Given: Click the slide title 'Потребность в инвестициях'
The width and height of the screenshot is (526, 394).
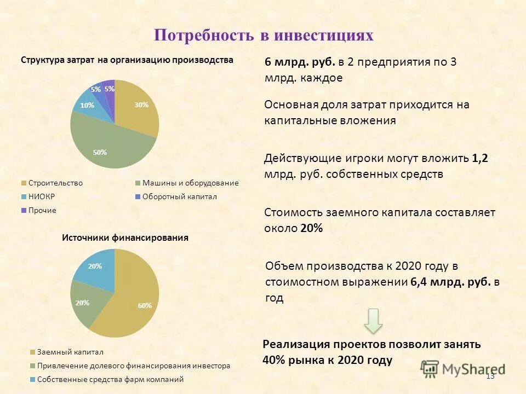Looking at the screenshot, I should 263,36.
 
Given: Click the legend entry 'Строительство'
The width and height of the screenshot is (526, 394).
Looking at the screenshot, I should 55,183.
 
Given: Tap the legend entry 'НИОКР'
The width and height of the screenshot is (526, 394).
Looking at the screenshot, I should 42,197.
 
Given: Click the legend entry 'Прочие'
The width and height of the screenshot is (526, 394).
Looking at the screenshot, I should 42,210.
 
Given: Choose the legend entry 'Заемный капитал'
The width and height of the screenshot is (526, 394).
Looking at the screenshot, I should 70,352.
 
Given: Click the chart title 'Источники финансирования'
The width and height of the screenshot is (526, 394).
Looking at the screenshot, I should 125,238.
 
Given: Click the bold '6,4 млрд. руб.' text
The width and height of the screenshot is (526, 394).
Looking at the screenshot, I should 450,282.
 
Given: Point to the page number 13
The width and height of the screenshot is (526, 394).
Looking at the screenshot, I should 490,376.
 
